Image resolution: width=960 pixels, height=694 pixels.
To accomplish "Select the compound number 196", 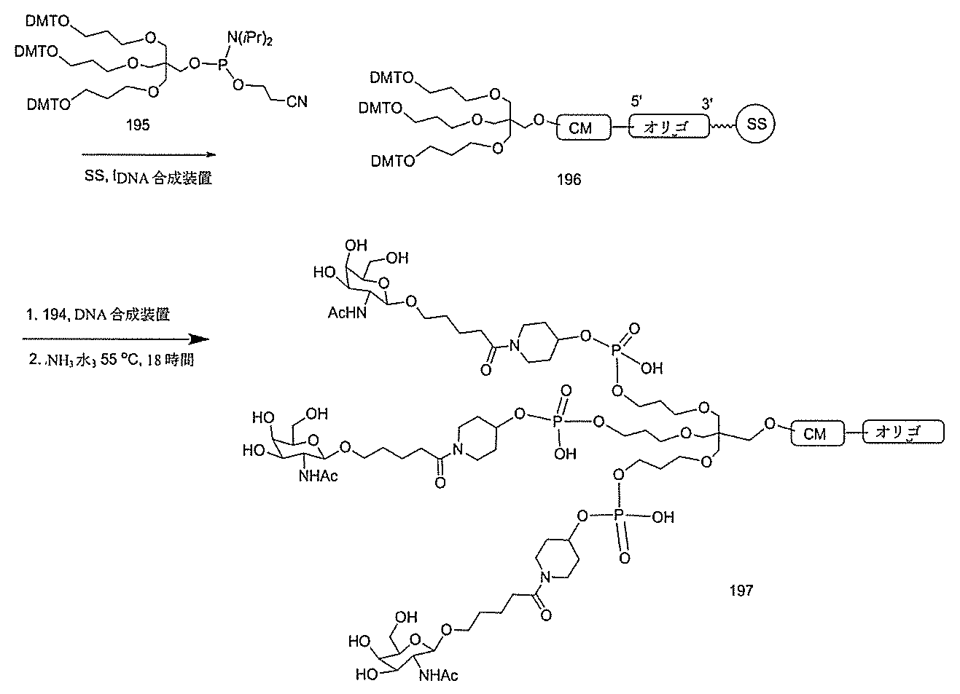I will (x=569, y=178).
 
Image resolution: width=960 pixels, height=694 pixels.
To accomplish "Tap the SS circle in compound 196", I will (x=757, y=125).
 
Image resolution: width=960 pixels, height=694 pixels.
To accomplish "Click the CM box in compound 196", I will (x=581, y=128).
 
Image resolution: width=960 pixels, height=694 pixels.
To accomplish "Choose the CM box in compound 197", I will (x=815, y=433).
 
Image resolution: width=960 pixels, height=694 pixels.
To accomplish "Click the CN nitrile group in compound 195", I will (x=296, y=102).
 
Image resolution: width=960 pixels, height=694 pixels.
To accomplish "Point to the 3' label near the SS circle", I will (x=707, y=104).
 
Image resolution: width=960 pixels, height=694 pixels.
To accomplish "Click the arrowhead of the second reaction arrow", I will (x=198, y=339).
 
